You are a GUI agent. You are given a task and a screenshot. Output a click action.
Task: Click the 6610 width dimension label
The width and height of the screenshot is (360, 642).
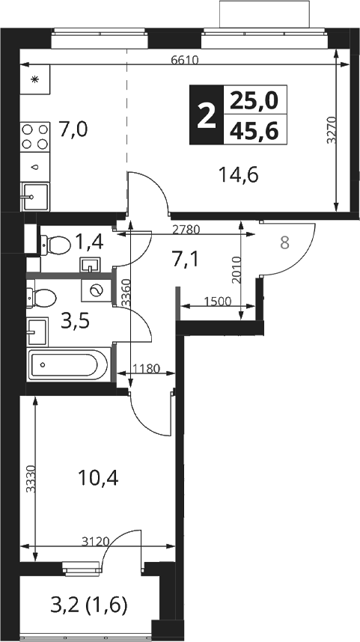[185, 61]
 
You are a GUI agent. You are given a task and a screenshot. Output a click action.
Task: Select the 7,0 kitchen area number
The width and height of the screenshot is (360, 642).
[73, 130]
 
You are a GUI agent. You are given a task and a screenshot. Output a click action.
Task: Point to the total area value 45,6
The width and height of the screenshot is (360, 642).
[254, 131]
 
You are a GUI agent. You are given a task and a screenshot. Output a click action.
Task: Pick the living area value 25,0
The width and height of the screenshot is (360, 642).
[254, 101]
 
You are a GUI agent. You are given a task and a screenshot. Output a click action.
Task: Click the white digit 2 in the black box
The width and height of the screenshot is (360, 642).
[207, 115]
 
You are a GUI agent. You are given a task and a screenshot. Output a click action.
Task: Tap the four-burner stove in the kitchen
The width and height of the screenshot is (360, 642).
[35, 137]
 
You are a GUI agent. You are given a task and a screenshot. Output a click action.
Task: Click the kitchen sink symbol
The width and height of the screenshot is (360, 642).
[35, 197]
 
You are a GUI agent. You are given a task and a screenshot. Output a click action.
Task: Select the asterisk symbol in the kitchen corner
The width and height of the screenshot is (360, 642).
[35, 79]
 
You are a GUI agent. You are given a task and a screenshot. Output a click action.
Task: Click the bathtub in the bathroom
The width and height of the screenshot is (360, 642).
[68, 364]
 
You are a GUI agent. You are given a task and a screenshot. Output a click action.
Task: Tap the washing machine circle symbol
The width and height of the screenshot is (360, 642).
[97, 290]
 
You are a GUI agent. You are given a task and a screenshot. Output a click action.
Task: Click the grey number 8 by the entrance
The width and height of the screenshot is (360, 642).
[284, 242]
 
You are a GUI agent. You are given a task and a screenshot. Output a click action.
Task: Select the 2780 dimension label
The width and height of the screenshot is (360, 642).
[186, 230]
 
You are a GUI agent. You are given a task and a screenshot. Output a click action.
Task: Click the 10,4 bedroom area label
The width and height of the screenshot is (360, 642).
[98, 477]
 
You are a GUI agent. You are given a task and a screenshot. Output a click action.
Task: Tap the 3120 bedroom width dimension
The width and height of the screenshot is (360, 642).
[95, 542]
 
